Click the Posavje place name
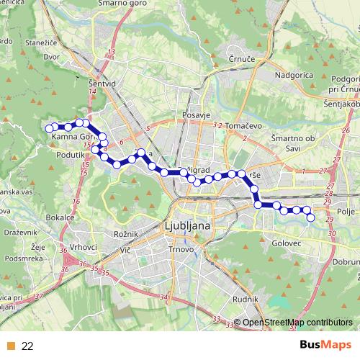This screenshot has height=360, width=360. click(196, 115)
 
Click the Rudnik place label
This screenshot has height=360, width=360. click(244, 299)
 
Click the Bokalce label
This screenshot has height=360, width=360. click(60, 217)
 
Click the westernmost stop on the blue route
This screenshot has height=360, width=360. click(50, 128)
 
